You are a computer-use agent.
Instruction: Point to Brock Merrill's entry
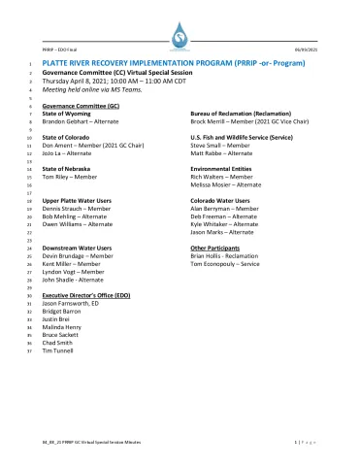coord(238,121)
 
